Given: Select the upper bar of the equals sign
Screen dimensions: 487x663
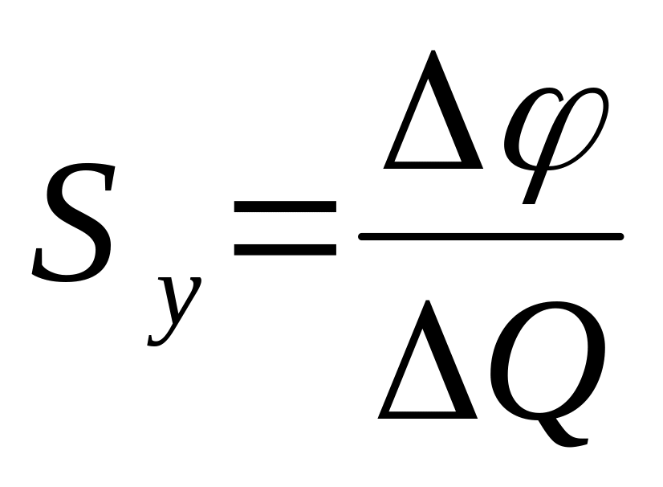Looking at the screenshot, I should pos(284,207).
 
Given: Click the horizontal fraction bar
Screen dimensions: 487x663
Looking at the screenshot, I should pos(490,236).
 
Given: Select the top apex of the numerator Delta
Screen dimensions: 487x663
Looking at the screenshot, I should pos(434,55).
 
